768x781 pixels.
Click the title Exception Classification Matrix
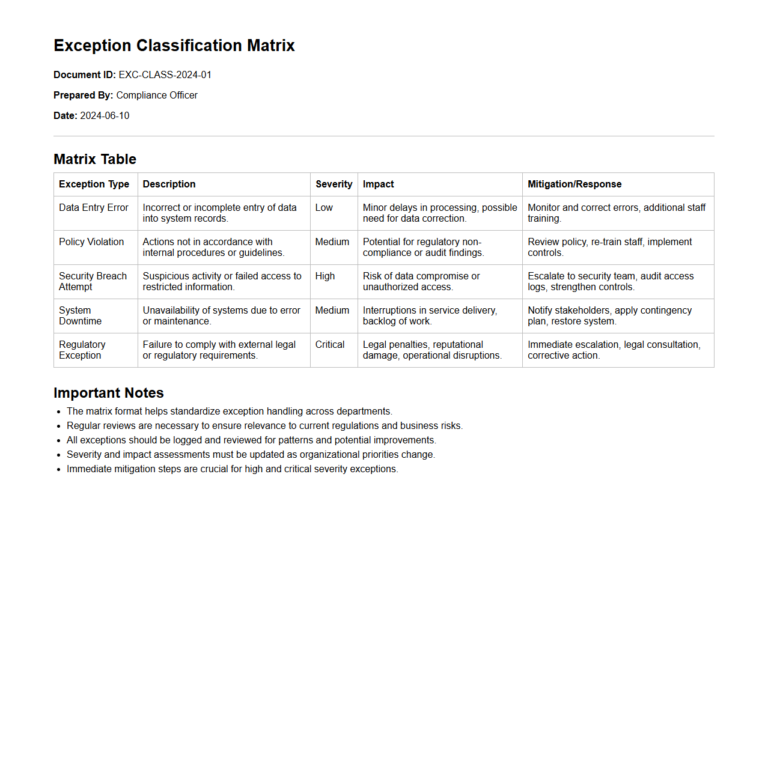pyautogui.click(x=174, y=46)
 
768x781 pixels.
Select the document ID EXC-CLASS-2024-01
pyautogui.click(x=165, y=75)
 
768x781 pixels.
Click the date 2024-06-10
pyautogui.click(x=105, y=116)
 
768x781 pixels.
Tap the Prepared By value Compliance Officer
pyautogui.click(x=157, y=96)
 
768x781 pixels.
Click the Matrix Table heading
pyautogui.click(x=95, y=159)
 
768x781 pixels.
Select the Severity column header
pyautogui.click(x=334, y=184)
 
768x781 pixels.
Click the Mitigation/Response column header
pyautogui.click(x=574, y=184)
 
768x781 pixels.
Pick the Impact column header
pyautogui.click(x=379, y=184)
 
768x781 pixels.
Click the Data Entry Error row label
pyautogui.click(x=94, y=208)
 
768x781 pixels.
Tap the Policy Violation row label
pyautogui.click(x=91, y=242)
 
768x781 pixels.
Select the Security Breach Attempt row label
pyautogui.click(x=93, y=281)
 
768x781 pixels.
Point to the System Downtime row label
pyautogui.click(x=80, y=315)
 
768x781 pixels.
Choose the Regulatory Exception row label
pyautogui.click(x=82, y=350)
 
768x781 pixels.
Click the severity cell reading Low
pyautogui.click(x=324, y=208)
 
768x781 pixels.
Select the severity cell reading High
pyautogui.click(x=325, y=276)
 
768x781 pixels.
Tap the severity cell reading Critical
pyautogui.click(x=330, y=345)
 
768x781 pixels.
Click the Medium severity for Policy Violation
pyautogui.click(x=332, y=242)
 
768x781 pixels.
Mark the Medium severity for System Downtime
pyautogui.click(x=332, y=311)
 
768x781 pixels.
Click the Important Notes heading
pyautogui.click(x=109, y=393)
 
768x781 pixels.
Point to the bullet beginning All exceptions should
pyautogui.click(x=251, y=440)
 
